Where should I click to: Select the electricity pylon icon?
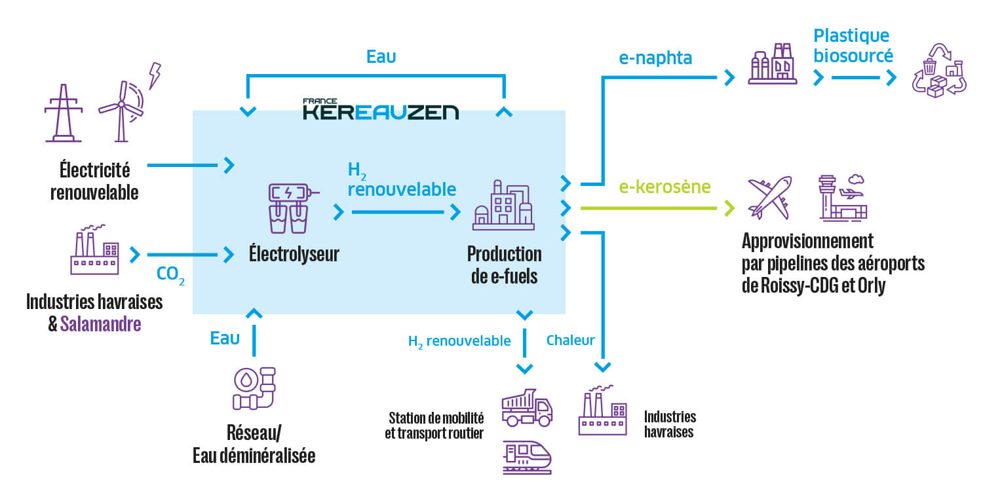[64, 113]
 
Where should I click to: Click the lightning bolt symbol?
[155, 75]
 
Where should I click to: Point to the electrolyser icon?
[289, 208]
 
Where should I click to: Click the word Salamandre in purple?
[100, 323]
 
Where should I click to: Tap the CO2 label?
[170, 274]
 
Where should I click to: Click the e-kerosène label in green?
[665, 187]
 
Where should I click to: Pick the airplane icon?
[770, 197]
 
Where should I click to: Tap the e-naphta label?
[655, 58]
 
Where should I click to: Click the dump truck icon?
[527, 408]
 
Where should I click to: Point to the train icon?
[527, 456]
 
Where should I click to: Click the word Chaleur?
[570, 340]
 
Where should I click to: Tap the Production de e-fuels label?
[504, 265]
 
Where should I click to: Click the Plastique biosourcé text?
[852, 45]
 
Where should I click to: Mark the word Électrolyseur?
[294, 254]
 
